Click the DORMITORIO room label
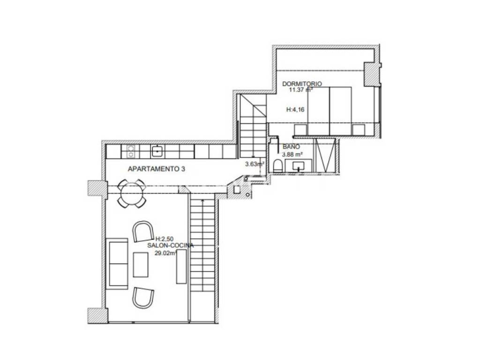(x=302, y=83)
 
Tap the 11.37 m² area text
(x=301, y=90)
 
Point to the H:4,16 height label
(x=295, y=109)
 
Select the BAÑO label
(x=291, y=147)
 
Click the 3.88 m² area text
(x=292, y=154)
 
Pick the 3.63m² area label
(x=255, y=164)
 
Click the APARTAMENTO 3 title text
(x=157, y=169)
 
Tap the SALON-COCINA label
(x=170, y=245)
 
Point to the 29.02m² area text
(x=165, y=253)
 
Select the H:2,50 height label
(x=165, y=239)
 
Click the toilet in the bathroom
(x=278, y=165)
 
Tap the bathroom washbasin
(x=299, y=165)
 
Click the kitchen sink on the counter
(x=158, y=151)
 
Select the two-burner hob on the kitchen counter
(x=131, y=151)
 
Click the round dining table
(x=132, y=193)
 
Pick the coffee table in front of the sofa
(x=141, y=264)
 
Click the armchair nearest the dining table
(x=143, y=231)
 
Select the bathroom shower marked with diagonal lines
(x=325, y=156)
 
